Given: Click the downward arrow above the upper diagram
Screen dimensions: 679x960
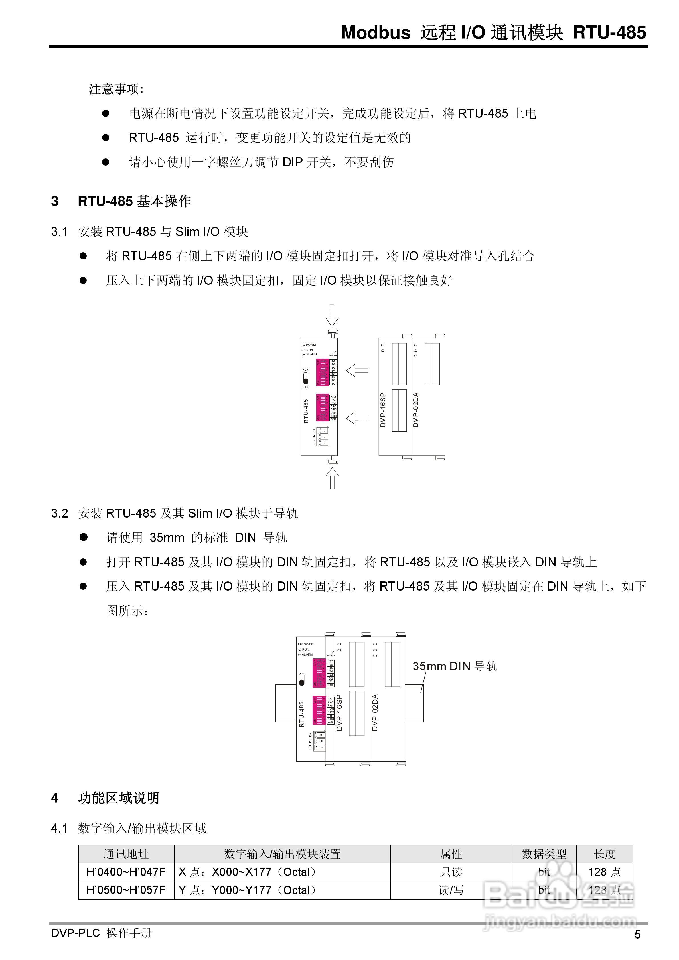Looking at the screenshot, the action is [x=332, y=315].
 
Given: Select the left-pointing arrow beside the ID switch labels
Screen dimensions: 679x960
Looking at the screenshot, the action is [x=357, y=370].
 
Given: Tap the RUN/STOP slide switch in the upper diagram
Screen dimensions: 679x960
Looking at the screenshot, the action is [x=306, y=379].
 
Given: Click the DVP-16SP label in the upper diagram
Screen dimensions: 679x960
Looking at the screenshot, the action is [x=383, y=410].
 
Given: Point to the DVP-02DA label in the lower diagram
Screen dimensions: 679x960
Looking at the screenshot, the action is [x=375, y=713].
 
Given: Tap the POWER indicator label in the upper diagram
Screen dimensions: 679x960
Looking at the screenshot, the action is [x=311, y=345].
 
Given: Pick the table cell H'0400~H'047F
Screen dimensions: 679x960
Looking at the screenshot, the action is [x=126, y=872].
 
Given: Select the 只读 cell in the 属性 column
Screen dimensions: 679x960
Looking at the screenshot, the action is [x=451, y=872].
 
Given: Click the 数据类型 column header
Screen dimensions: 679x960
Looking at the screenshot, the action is [x=544, y=854].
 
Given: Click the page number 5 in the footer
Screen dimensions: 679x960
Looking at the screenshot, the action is [x=637, y=935].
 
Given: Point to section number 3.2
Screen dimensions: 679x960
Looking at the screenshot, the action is [x=59, y=513].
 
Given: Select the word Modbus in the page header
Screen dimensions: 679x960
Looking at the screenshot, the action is [x=375, y=32].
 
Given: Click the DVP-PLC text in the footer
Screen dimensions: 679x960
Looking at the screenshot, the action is [x=75, y=933].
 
